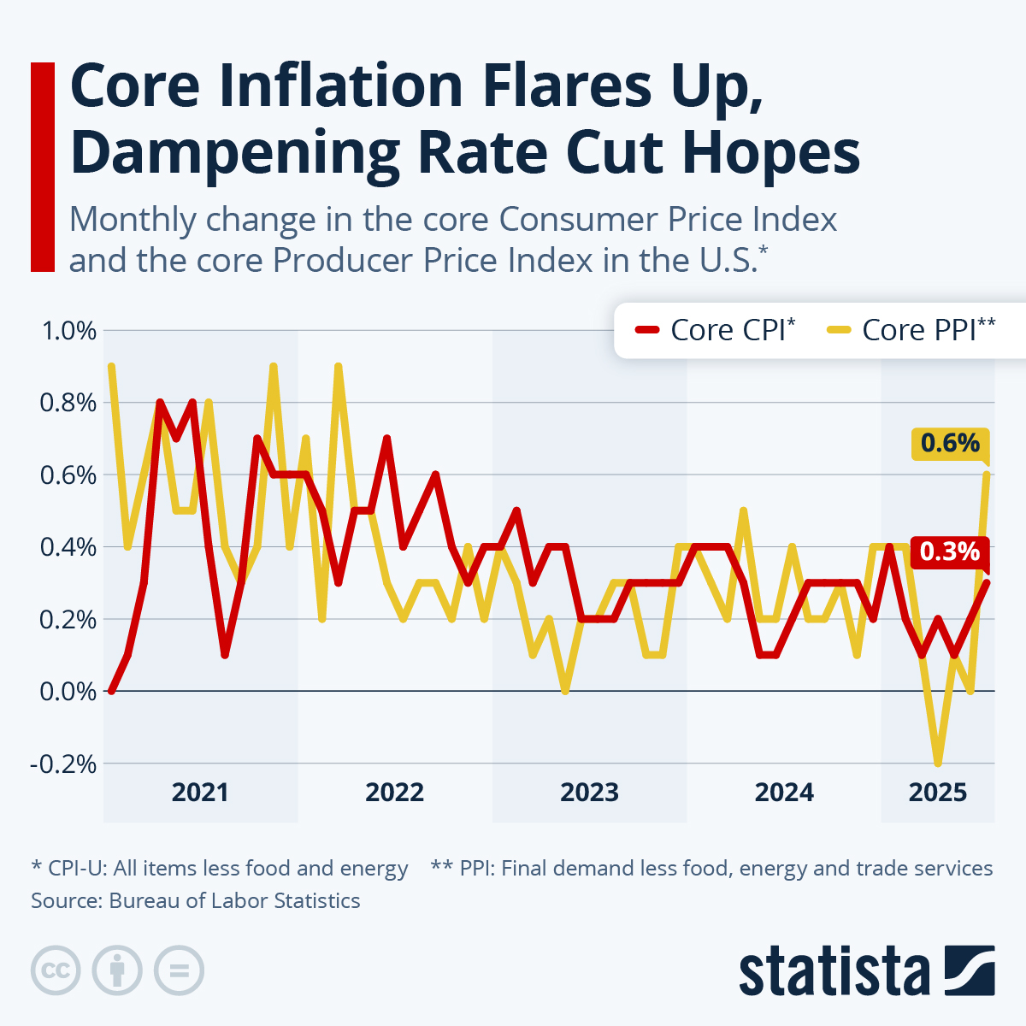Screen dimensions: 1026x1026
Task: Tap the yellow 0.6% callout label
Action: click(950, 443)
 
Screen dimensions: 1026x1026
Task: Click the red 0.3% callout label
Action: click(950, 551)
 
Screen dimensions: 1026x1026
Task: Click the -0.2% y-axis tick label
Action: click(64, 764)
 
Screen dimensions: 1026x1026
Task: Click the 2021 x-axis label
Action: click(200, 793)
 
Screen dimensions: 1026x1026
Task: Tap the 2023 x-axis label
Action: click(589, 793)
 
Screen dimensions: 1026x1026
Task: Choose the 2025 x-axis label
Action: click(938, 793)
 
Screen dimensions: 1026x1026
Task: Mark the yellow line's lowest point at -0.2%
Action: click(938, 763)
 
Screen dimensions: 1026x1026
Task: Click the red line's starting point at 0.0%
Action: click(111, 690)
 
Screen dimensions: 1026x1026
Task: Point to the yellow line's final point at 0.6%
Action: click(988, 474)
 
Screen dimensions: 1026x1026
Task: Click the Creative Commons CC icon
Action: click(56, 970)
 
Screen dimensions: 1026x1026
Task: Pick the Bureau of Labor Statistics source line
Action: click(196, 901)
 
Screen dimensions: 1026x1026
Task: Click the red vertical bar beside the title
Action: click(42, 167)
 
